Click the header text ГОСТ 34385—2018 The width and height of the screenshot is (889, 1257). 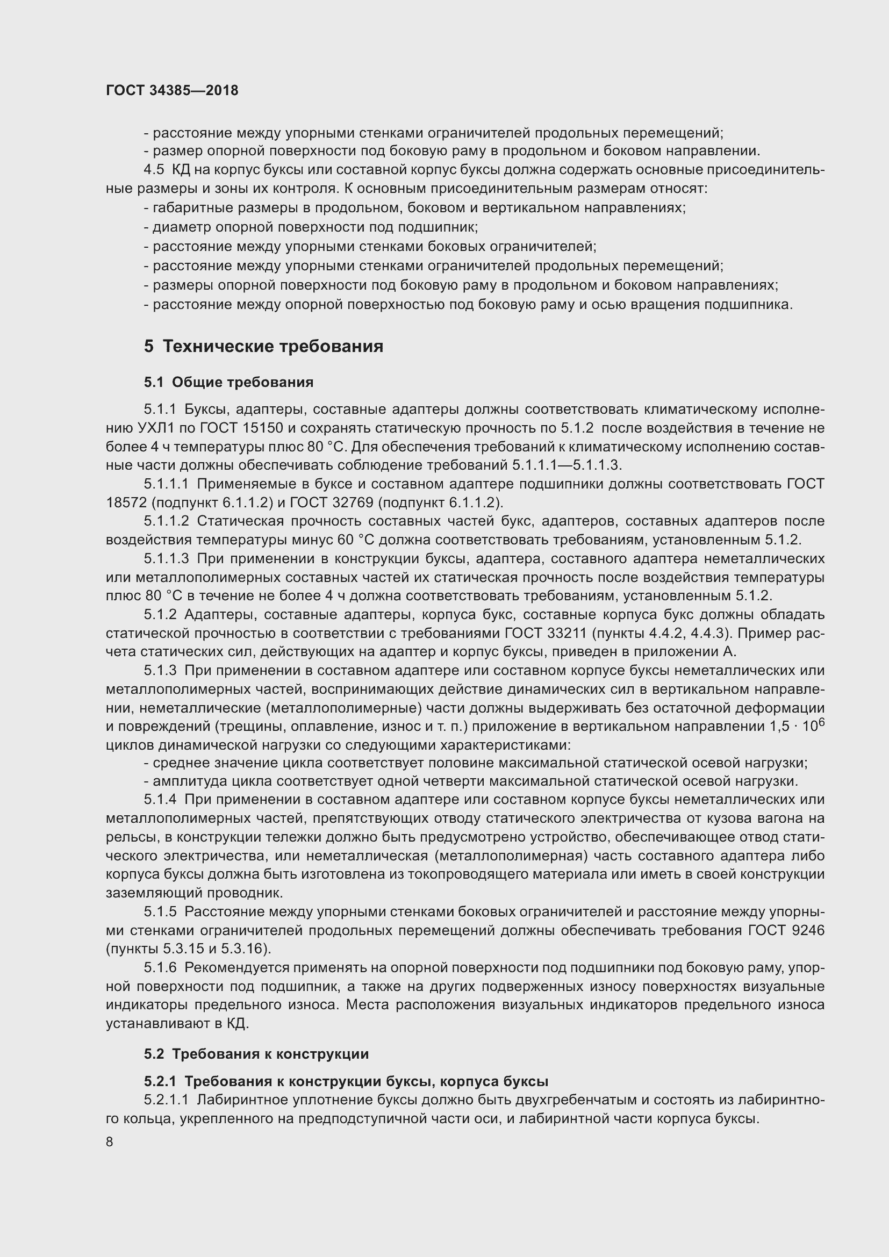[x=172, y=90]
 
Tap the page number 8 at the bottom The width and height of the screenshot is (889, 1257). [x=110, y=1141]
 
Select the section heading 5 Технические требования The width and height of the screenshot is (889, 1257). [x=263, y=347]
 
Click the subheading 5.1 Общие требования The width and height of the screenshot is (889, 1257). [x=228, y=382]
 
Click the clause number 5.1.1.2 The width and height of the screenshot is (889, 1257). [x=167, y=521]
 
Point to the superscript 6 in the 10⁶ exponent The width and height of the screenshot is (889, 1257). [x=821, y=722]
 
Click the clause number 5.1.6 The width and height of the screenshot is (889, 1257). [x=160, y=968]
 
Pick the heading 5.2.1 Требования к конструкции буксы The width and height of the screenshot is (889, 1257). [x=346, y=1081]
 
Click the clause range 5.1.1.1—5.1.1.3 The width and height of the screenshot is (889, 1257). [x=567, y=465]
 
